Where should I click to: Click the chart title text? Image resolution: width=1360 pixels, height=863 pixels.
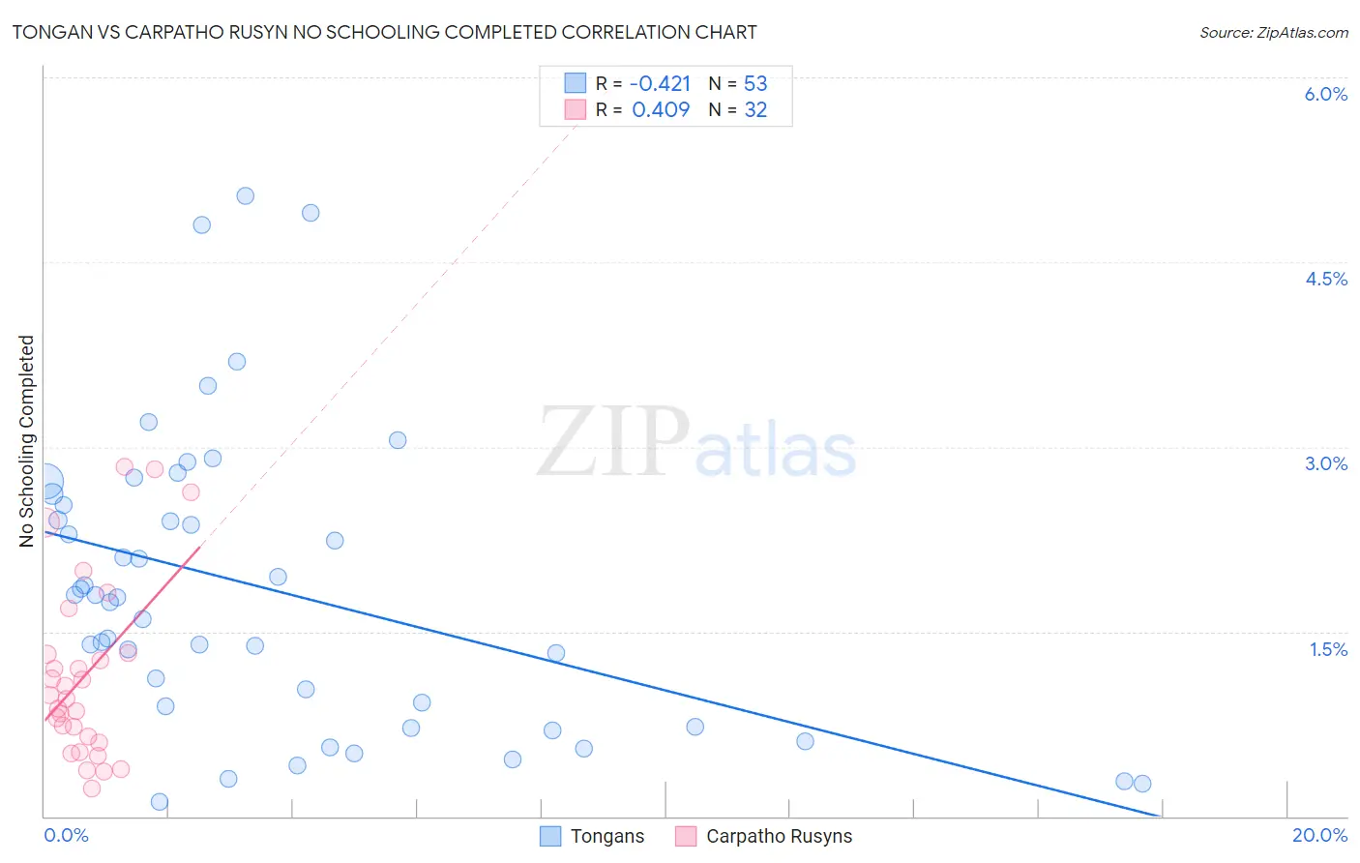click(384, 32)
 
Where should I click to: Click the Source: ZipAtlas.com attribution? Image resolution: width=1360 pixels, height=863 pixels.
click(1273, 32)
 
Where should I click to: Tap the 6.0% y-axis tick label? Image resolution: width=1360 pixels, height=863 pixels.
click(1325, 94)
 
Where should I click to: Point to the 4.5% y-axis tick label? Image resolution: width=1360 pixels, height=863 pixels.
click(1325, 279)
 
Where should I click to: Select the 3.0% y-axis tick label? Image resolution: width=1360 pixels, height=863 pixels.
click(1325, 463)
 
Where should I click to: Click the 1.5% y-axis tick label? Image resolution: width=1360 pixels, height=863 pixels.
click(1328, 649)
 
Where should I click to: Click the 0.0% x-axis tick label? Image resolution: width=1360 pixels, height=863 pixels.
click(66, 835)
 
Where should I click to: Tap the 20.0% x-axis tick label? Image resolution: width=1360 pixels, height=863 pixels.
click(1319, 835)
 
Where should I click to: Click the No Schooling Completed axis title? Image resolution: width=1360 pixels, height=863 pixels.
click(27, 441)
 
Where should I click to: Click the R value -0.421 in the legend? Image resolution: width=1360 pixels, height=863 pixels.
click(660, 83)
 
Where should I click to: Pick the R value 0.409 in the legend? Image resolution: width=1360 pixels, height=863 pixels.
click(661, 109)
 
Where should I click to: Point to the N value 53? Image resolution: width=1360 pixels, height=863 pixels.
click(755, 83)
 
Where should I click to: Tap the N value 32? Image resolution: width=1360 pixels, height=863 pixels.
click(755, 109)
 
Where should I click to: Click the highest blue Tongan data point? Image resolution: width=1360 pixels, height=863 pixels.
click(246, 195)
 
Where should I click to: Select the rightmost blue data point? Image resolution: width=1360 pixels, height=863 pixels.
click(1142, 784)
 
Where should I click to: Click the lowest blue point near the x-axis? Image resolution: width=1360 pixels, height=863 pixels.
click(160, 801)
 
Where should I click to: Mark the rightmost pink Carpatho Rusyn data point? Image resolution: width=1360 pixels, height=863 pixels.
click(191, 492)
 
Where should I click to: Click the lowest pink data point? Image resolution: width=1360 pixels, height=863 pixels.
click(92, 789)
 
